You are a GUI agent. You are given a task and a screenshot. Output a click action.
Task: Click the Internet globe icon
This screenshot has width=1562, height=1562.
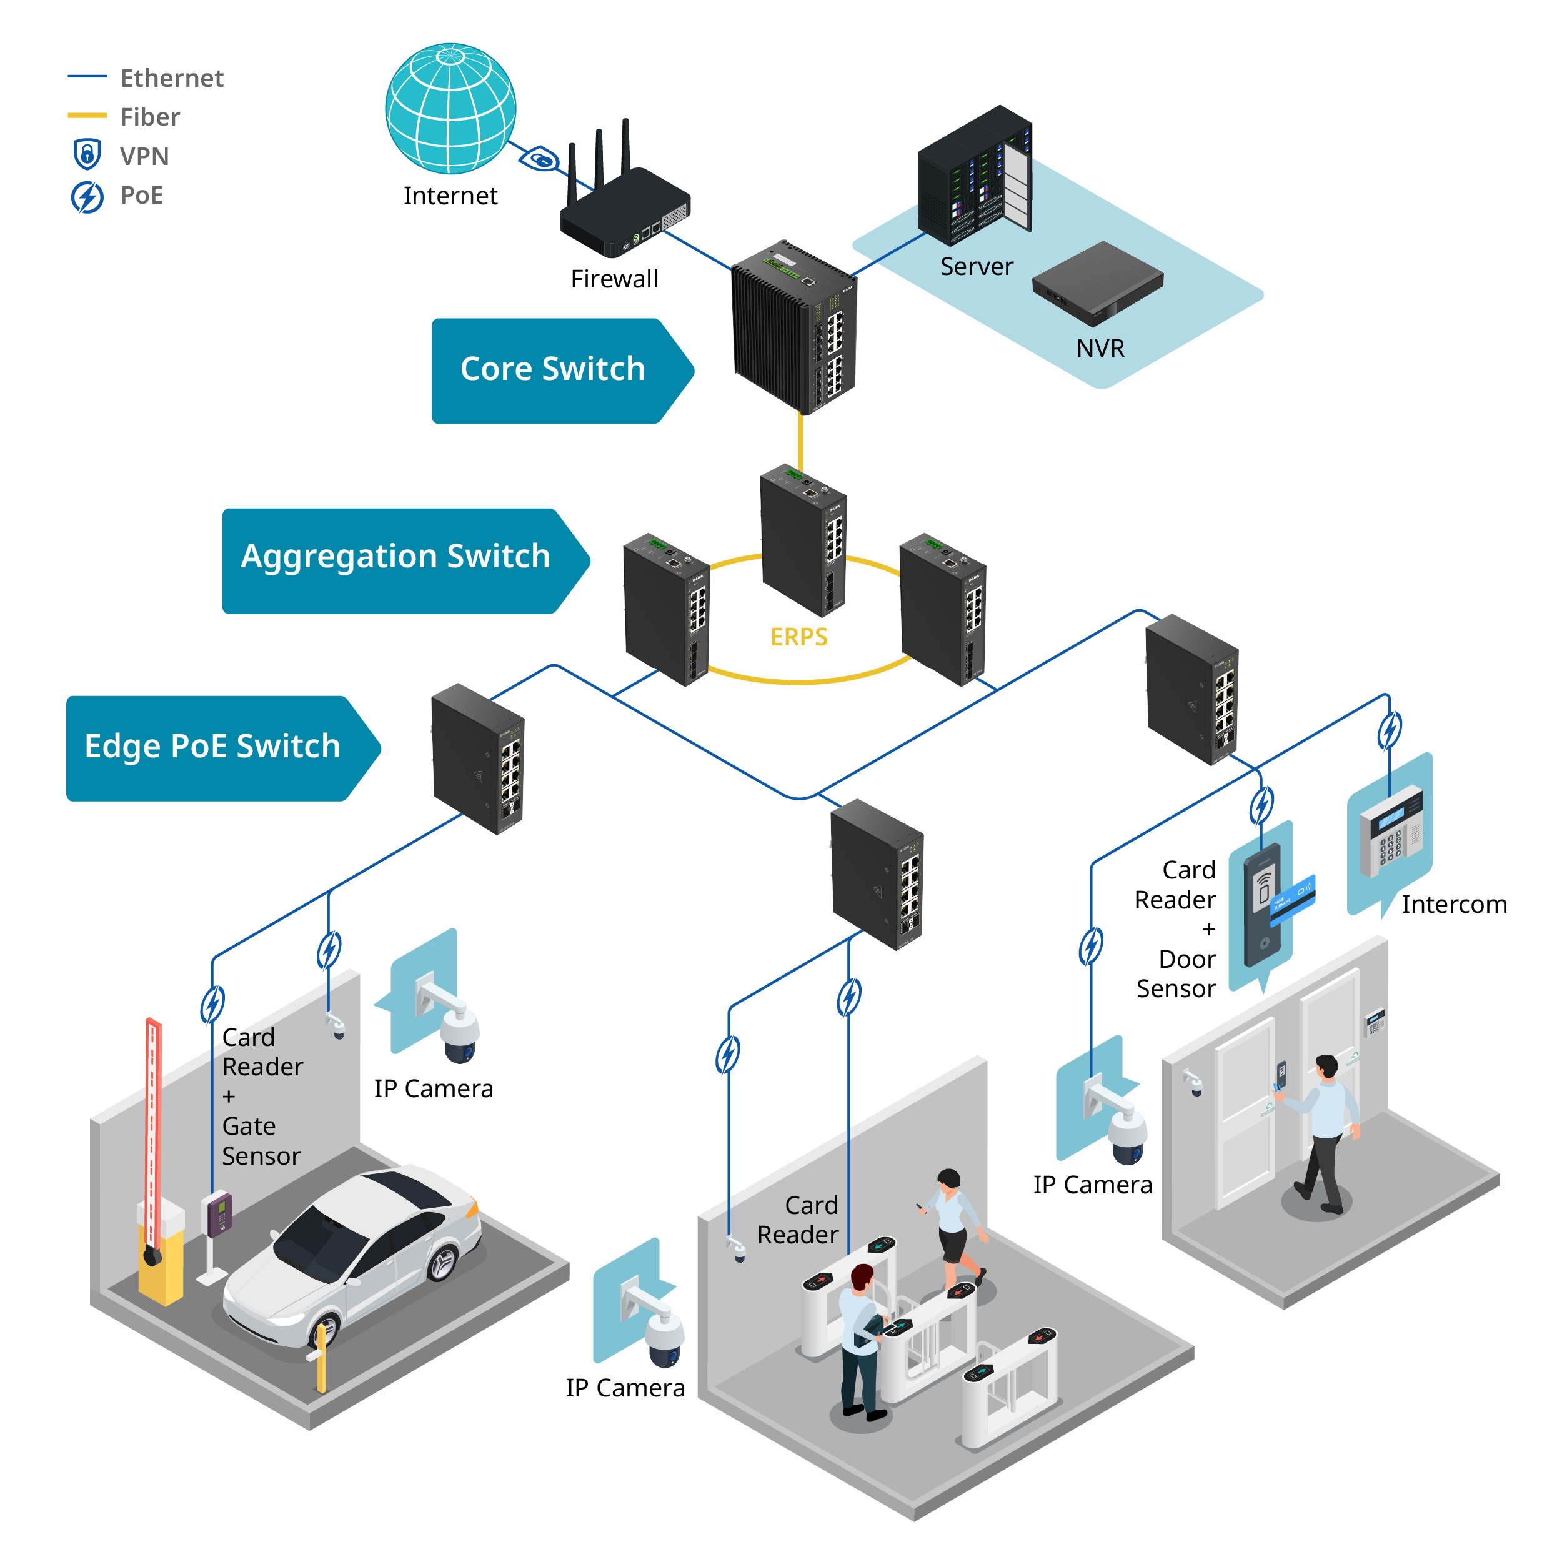450,108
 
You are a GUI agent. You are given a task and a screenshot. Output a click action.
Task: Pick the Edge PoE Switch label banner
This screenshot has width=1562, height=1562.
223,748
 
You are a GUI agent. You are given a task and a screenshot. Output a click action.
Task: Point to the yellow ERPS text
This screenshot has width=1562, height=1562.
798,637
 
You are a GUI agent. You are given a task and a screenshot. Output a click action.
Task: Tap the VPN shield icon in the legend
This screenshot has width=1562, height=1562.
87,154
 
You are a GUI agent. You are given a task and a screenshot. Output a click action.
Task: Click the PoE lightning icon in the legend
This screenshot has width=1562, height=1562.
87,196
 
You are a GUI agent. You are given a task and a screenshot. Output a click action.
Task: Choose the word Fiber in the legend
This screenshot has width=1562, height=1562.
151,117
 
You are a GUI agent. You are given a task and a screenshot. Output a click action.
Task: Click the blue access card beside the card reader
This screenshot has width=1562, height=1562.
1292,898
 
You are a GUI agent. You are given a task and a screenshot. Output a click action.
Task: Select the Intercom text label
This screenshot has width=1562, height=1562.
1454,904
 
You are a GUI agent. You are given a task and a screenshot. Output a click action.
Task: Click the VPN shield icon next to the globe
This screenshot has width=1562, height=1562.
540,159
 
